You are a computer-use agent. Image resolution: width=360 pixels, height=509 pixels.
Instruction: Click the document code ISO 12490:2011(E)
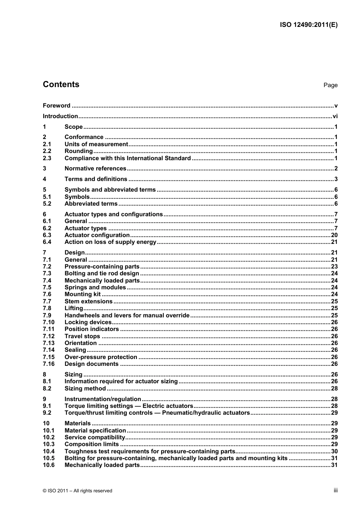pyautogui.click(x=308, y=25)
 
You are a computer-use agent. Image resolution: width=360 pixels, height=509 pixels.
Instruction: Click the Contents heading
pyautogui.click(x=61, y=84)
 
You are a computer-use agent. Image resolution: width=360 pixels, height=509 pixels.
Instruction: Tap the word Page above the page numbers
pyautogui.click(x=330, y=85)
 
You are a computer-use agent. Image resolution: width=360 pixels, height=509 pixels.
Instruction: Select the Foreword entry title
pyautogui.click(x=56, y=106)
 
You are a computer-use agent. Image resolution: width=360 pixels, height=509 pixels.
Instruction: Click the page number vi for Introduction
pyautogui.click(x=335, y=116)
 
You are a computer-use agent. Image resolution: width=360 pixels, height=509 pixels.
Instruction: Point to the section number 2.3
pyautogui.click(x=47, y=158)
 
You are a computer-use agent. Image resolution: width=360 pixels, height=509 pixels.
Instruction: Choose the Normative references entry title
pyautogui.click(x=95, y=169)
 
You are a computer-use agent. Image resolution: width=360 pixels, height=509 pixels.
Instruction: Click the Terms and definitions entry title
pyautogui.click(x=96, y=179)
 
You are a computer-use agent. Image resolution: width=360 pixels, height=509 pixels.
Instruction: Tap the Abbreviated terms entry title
pyautogui.click(x=91, y=204)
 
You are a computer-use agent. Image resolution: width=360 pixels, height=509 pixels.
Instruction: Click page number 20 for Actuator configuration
pyautogui.click(x=334, y=235)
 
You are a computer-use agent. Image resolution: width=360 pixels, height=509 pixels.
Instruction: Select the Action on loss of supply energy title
pyautogui.click(x=110, y=242)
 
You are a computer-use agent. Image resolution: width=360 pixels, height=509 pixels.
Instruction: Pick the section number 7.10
pyautogui.click(x=49, y=322)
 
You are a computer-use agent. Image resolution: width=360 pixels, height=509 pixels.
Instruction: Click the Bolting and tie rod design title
pyautogui.click(x=102, y=273)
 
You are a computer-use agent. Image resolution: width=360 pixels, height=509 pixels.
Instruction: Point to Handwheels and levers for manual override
pyautogui.click(x=127, y=315)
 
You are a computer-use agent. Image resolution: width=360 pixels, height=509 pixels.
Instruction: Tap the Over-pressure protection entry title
pyautogui.click(x=101, y=357)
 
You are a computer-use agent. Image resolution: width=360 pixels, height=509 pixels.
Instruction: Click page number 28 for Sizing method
pyautogui.click(x=334, y=389)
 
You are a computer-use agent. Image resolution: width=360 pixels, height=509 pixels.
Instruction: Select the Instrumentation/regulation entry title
pyautogui.click(x=103, y=399)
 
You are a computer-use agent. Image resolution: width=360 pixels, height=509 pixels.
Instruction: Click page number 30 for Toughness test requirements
pyautogui.click(x=334, y=451)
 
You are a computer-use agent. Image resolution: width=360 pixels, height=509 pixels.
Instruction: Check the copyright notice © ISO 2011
pyautogui.click(x=78, y=491)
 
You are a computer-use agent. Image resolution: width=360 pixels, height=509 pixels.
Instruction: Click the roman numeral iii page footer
pyautogui.click(x=335, y=490)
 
